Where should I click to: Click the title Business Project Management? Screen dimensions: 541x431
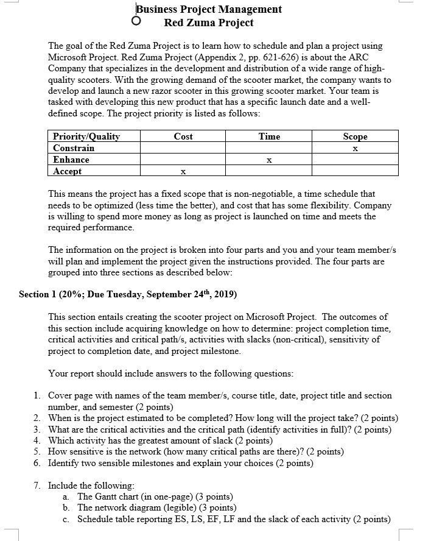point(209,9)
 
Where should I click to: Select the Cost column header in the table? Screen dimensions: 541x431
point(183,136)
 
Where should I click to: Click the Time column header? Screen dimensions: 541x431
point(269,136)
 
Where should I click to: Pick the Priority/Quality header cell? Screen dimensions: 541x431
point(86,136)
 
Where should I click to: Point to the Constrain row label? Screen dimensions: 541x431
point(74,148)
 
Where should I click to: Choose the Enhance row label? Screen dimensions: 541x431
point(71,160)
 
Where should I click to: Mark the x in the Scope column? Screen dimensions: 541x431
point(356,149)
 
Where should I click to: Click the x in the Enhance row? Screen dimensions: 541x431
point(269,160)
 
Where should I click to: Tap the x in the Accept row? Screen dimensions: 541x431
point(183,172)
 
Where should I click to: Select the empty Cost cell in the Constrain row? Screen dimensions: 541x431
point(183,148)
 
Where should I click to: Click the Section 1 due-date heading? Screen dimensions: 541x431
point(128,294)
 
